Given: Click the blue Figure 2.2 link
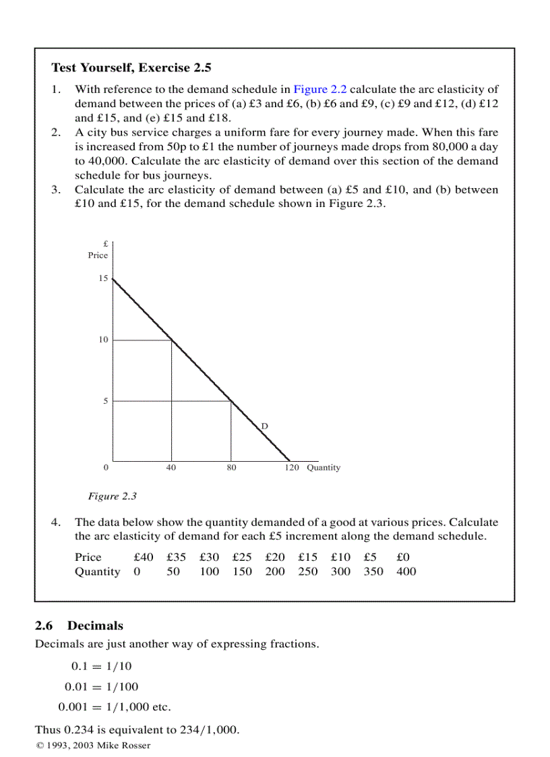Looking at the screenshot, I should tap(319, 89).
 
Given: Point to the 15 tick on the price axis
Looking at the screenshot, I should tap(103, 278).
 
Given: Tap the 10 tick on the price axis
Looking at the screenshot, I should tap(103, 340).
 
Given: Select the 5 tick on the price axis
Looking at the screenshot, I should tap(104, 401).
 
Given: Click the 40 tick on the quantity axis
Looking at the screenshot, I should tap(171, 468).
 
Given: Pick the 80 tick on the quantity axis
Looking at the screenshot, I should tap(231, 468).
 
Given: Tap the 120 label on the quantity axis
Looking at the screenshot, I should tap(291, 468).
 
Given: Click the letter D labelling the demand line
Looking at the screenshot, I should tap(265, 426).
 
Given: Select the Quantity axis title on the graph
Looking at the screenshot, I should tap(324, 468).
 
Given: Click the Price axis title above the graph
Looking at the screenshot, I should tap(98, 255).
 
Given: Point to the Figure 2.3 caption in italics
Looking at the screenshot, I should tap(113, 496).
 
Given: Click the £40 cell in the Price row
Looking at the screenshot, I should tap(144, 557).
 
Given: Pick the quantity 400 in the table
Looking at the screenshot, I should tap(406, 572).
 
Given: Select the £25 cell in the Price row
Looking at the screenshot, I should tap(243, 557).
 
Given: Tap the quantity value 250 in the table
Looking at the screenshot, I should tap(308, 572).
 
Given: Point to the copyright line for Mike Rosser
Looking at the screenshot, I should tap(93, 746).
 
